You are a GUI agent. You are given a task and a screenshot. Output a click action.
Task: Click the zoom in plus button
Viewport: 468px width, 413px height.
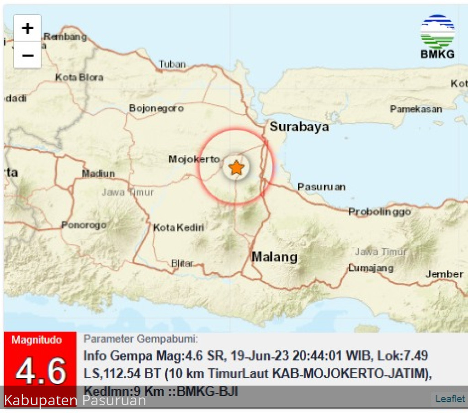pos(27,28)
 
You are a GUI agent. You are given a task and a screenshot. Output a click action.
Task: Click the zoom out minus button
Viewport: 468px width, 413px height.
pos(27,55)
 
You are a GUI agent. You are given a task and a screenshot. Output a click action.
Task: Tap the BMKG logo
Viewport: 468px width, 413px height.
pos(437,37)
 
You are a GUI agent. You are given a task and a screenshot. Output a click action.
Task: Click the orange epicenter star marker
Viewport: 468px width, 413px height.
pos(236,168)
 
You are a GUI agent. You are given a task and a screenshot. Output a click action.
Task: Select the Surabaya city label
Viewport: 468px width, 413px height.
pos(299,127)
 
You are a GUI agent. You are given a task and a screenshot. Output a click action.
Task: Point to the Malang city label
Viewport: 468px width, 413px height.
pos(275,257)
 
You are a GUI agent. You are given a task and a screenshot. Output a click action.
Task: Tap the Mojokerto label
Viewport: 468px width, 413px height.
pos(194,159)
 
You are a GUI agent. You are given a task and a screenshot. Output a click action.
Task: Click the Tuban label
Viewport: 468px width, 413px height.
pos(172,64)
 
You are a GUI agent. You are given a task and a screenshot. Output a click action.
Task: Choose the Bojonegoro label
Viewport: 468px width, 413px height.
pos(156,108)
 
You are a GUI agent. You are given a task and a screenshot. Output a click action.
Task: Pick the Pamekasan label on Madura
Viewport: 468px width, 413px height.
pos(416,109)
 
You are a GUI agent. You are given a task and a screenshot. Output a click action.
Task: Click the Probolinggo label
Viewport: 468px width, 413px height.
pos(379,212)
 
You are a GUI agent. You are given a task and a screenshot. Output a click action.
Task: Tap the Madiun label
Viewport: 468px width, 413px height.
pos(99,173)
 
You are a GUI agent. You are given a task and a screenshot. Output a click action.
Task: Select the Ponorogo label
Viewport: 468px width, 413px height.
pos(84,225)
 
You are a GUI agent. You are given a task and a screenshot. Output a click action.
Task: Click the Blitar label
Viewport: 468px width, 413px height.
pos(182,264)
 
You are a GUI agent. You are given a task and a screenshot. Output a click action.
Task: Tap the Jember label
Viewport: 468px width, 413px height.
pos(444,274)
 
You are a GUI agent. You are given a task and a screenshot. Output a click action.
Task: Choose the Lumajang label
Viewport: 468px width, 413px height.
pos(371,268)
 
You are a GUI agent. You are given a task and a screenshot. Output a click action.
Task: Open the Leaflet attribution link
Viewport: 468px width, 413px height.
pos(450,399)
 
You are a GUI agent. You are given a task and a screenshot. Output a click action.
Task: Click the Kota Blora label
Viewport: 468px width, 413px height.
pos(79,78)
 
